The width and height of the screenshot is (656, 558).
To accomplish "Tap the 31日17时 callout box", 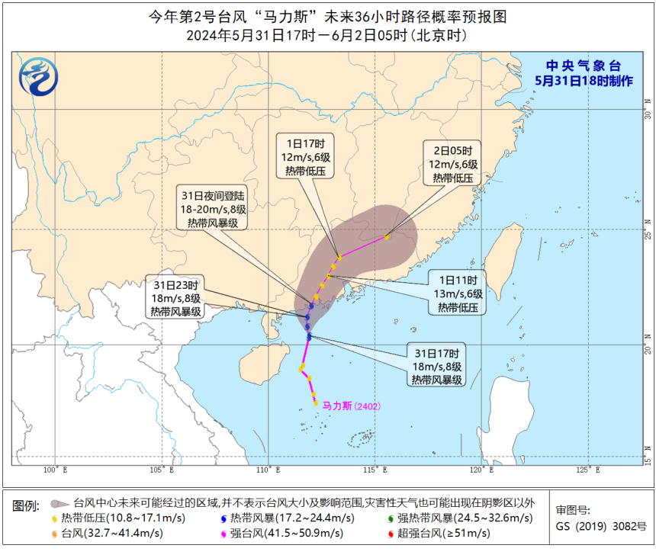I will (x=436, y=366).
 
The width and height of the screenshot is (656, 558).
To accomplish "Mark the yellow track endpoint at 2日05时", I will (x=387, y=237).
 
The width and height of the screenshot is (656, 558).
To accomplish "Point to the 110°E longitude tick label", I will (x=268, y=470).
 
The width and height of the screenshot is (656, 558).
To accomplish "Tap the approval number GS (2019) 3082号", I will (x=600, y=526).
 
